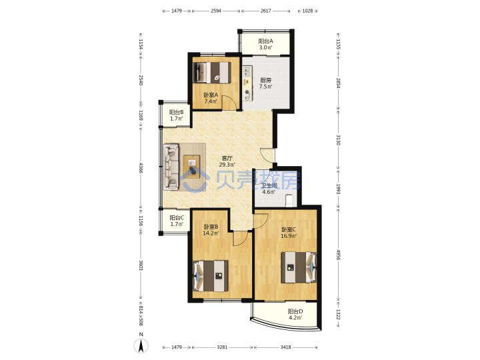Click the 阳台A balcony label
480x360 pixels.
pyautogui.click(x=265, y=41)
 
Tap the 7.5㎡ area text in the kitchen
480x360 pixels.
pyautogui.click(x=265, y=87)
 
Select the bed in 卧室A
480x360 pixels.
pyautogui.click(x=212, y=73)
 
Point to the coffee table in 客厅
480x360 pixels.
pyautogui.click(x=191, y=167)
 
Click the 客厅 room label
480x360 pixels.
pyautogui.click(x=227, y=158)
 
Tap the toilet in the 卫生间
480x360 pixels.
pyautogui.click(x=289, y=201)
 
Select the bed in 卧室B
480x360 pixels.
pyautogui.click(x=211, y=276)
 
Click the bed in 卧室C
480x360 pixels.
pyautogui.click(x=299, y=267)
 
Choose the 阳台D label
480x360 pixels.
pyautogui.click(x=295, y=311)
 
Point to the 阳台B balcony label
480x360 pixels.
pyautogui.click(x=176, y=112)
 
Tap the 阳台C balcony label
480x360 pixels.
pyautogui.click(x=177, y=217)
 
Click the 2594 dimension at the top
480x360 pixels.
pyautogui.click(x=216, y=11)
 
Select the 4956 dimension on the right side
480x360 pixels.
pyautogui.click(x=338, y=255)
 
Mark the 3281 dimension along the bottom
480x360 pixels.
pyautogui.click(x=222, y=347)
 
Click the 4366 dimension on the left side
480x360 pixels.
pyautogui.click(x=141, y=169)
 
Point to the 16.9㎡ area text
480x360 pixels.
pyautogui.click(x=289, y=236)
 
